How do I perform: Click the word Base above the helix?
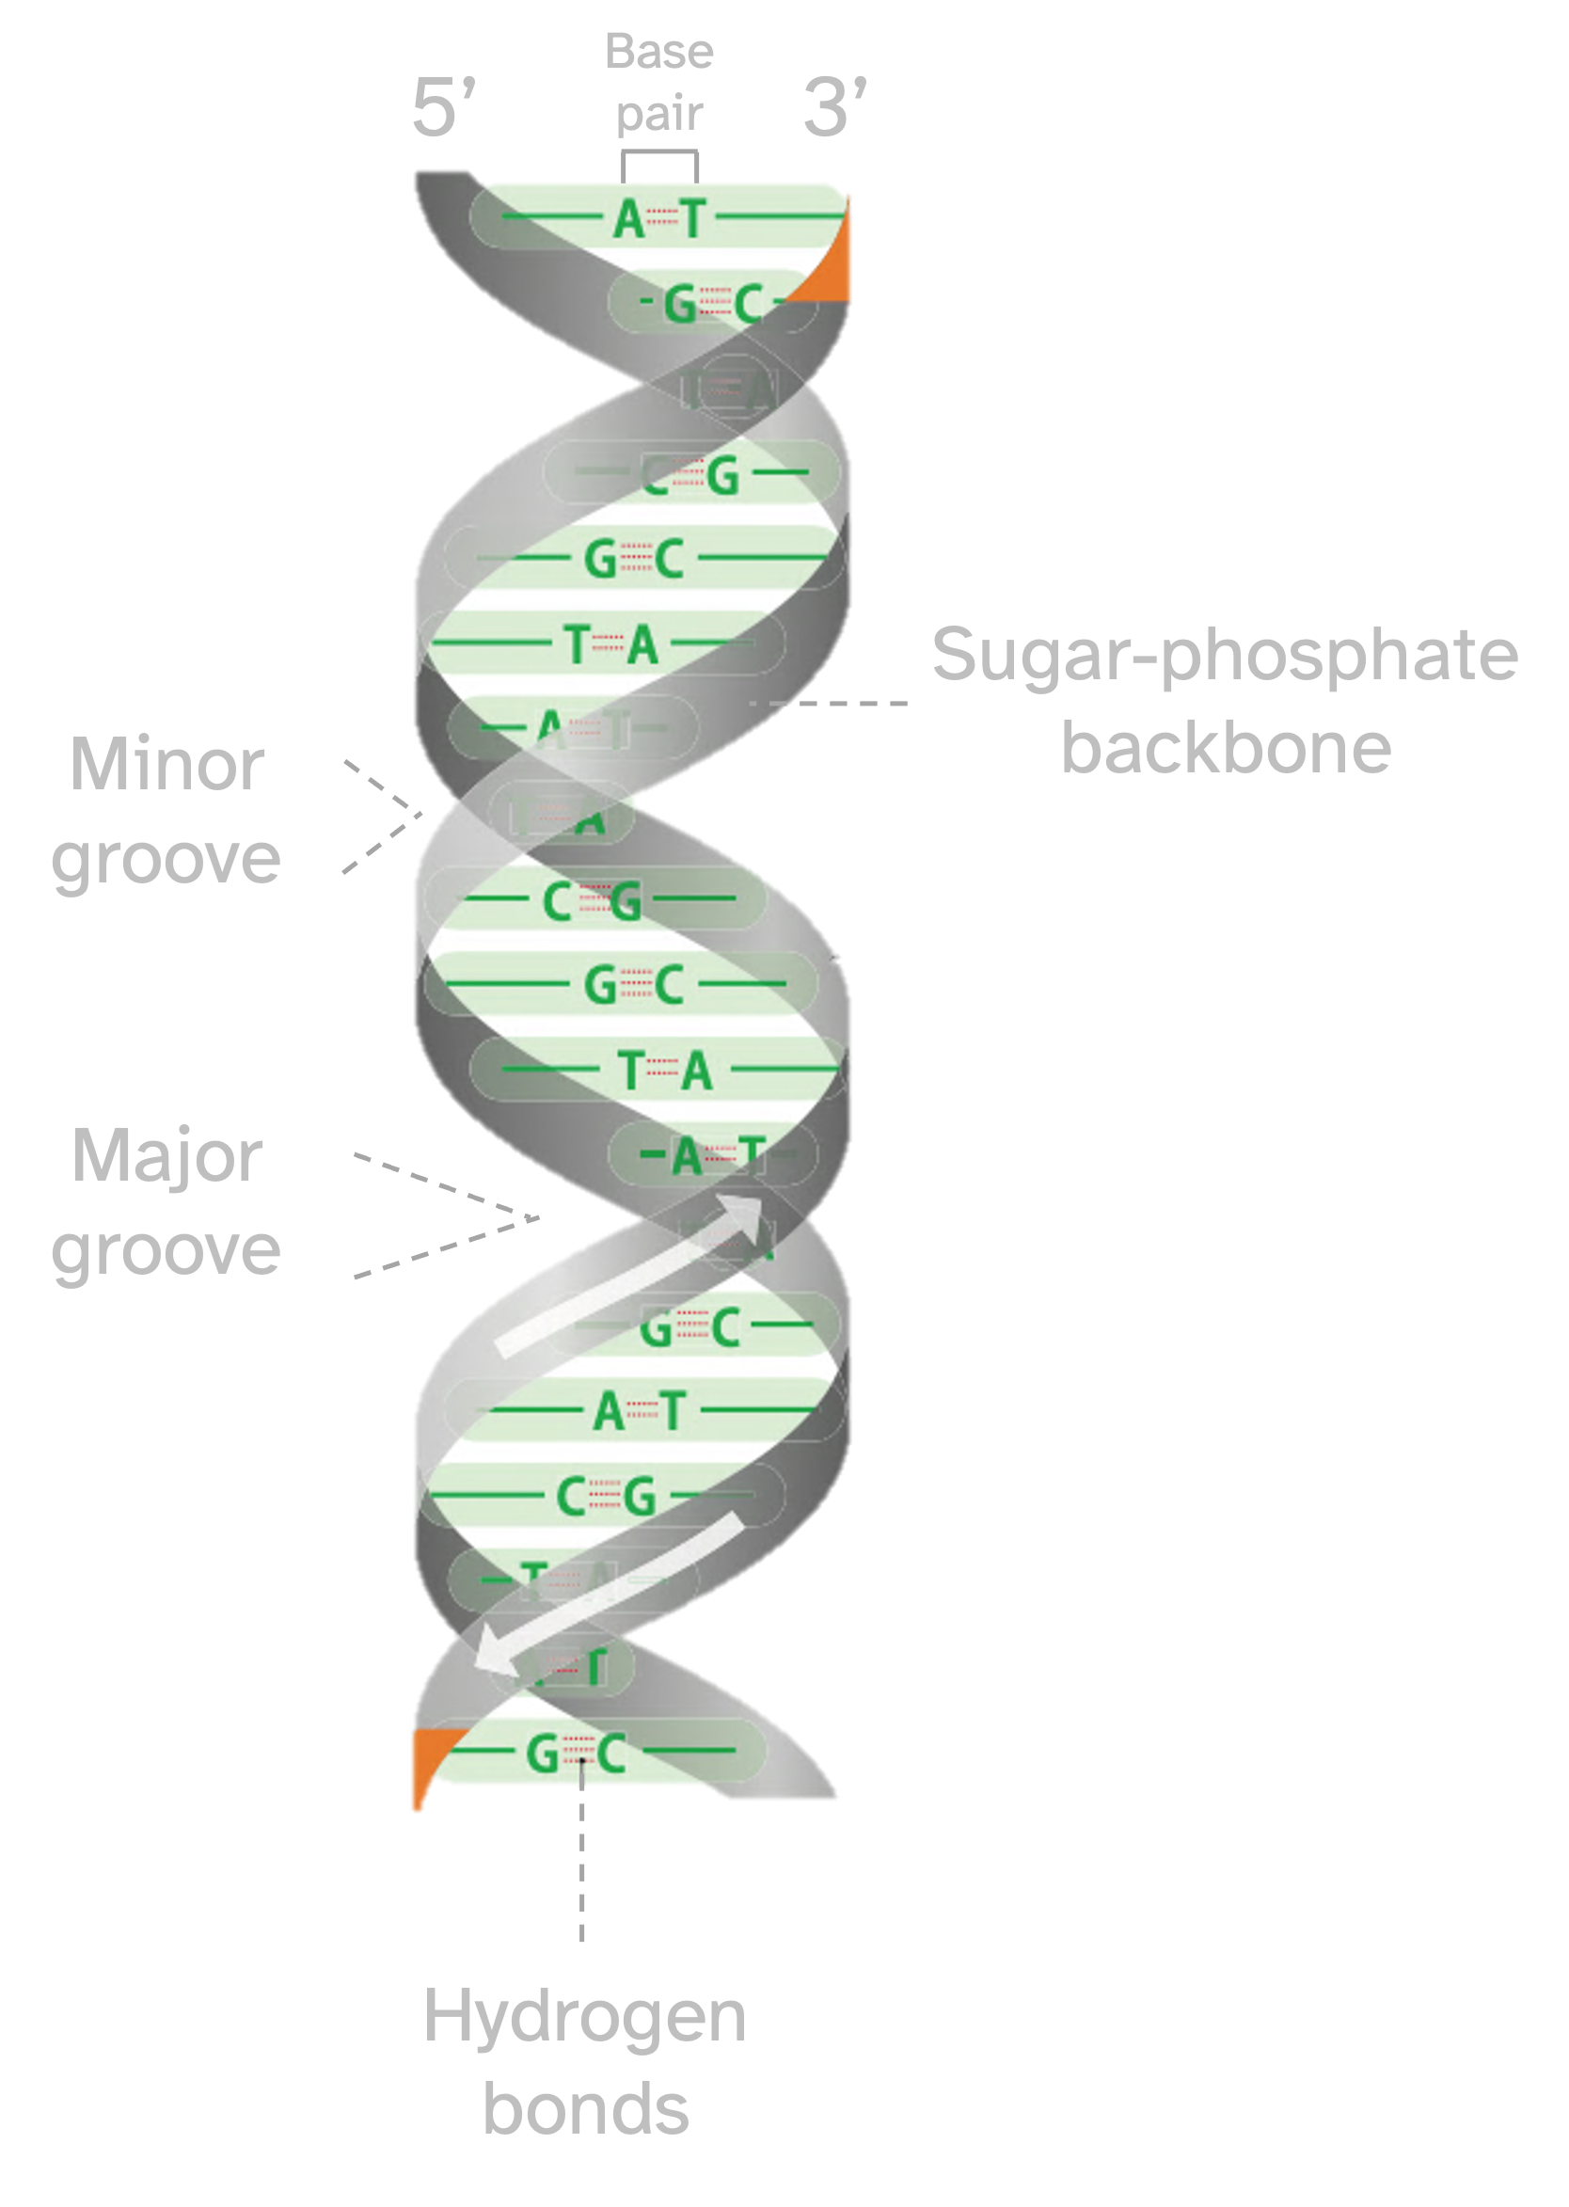[x=658, y=51]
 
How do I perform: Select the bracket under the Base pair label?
[x=660, y=155]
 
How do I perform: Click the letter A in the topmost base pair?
[x=629, y=219]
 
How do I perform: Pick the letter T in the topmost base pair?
[x=693, y=219]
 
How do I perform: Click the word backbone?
[x=1226, y=749]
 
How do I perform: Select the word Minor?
[x=167, y=765]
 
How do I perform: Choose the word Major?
[x=167, y=1155]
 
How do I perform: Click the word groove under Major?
[x=166, y=1250]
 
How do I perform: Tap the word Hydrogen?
[x=584, y=2017]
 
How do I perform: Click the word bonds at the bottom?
[x=585, y=2109]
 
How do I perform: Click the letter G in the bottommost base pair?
[x=543, y=1753]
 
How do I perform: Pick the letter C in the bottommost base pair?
[x=610, y=1753]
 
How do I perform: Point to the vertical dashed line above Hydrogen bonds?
[x=581, y=1865]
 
